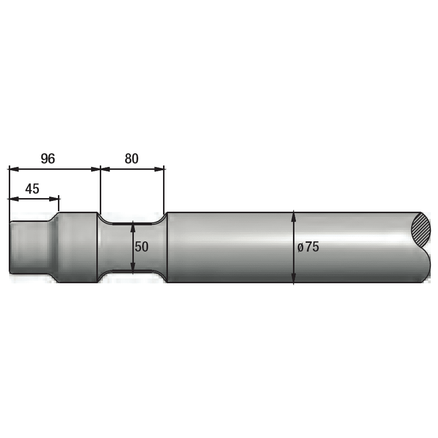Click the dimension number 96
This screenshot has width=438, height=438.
click(48, 159)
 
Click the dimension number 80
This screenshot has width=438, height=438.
click(131, 159)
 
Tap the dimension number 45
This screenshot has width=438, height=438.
click(32, 189)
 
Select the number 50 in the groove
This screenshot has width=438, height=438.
click(142, 247)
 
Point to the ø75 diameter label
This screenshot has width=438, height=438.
click(308, 247)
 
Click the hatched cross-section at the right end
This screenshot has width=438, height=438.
click(421, 230)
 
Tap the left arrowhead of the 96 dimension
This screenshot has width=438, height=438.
click(14, 169)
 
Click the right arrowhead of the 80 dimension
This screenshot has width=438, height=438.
click(159, 169)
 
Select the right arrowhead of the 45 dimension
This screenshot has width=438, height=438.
click(54, 199)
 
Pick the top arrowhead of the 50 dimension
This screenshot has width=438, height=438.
click(133, 225)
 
